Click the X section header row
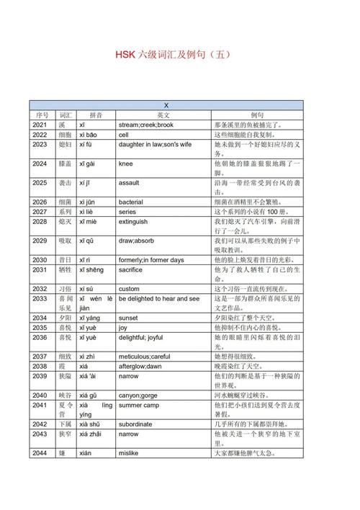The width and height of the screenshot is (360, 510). [x=166, y=105]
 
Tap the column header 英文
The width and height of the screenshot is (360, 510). [x=163, y=115]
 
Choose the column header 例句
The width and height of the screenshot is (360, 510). [x=257, y=115]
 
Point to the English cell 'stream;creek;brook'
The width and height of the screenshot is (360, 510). [x=146, y=125]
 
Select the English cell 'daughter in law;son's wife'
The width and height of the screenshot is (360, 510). [x=156, y=144]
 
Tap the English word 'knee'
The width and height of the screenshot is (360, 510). [x=126, y=164]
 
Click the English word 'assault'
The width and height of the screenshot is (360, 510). [x=129, y=183]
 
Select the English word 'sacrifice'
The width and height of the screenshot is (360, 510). [x=131, y=269]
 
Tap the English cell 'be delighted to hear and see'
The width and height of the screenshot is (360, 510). [x=159, y=298]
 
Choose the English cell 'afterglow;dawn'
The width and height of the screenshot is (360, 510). [x=140, y=366]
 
